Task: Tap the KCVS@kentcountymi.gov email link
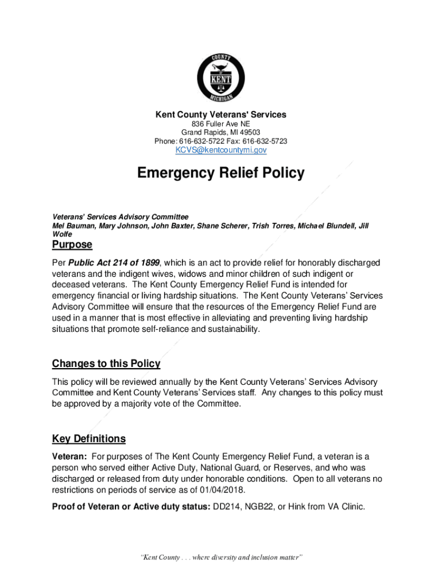(x=221, y=150)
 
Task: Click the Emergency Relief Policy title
(x=221, y=173)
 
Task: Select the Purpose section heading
(x=72, y=245)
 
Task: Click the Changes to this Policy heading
(x=106, y=364)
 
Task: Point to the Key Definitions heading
(x=89, y=439)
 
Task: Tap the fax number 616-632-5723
(x=266, y=141)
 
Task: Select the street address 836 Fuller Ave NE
(x=221, y=124)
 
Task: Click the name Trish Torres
(x=273, y=226)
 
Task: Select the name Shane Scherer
(x=223, y=226)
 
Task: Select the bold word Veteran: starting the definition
(x=69, y=457)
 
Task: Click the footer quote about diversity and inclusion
(x=221, y=558)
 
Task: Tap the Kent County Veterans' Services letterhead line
(x=221, y=115)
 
